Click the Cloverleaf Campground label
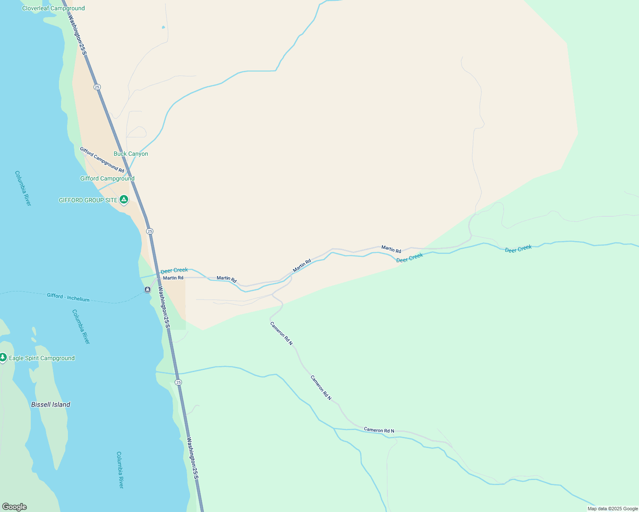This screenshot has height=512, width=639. [x=53, y=8]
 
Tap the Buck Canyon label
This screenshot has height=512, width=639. [x=131, y=154]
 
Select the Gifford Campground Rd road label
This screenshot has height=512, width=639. [x=102, y=160]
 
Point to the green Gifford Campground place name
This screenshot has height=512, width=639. [x=107, y=178]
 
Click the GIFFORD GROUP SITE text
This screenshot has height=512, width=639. [x=88, y=200]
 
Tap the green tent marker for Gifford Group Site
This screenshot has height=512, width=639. [x=124, y=199]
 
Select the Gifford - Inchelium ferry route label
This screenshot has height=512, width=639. [x=68, y=297]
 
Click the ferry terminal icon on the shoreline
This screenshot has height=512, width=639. [x=147, y=290]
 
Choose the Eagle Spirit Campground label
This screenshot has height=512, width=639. [x=42, y=358]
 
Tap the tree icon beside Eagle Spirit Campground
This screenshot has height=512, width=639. [x=3, y=357]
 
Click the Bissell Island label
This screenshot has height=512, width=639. [x=50, y=404]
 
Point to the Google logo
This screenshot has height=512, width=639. [x=15, y=507]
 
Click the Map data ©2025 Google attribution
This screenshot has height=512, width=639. [x=613, y=509]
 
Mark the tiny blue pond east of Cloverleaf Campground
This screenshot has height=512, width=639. [x=163, y=28]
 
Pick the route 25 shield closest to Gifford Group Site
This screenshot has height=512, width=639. [x=149, y=231]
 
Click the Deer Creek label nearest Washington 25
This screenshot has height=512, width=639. [x=174, y=270]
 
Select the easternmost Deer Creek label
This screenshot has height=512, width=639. [x=518, y=249]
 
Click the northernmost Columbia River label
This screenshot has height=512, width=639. [x=23, y=188]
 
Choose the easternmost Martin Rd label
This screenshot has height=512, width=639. [x=391, y=249]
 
